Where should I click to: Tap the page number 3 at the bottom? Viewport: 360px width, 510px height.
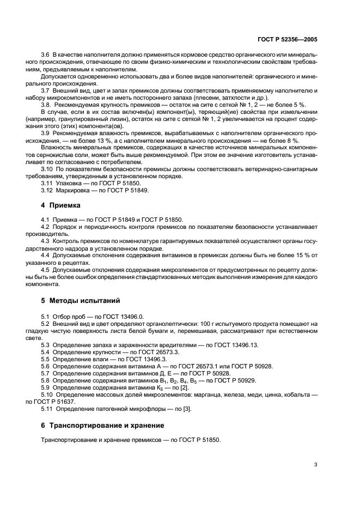315,465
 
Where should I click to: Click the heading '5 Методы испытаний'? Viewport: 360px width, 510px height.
80,300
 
